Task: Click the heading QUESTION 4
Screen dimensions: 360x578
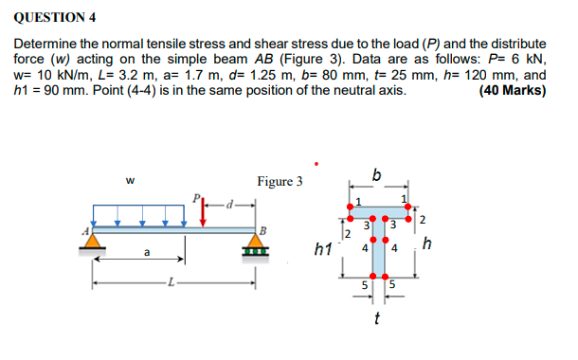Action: (55, 16)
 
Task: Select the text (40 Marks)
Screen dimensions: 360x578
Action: (513, 91)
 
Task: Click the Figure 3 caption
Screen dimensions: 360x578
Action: (280, 182)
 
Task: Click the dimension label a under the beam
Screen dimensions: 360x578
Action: (146, 253)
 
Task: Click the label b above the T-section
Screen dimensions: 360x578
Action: (377, 174)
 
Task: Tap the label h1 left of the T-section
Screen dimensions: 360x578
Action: (322, 249)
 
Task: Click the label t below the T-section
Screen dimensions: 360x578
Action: (378, 317)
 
